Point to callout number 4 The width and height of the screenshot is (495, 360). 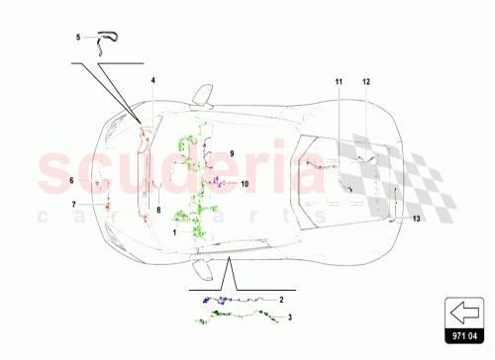tap(153, 79)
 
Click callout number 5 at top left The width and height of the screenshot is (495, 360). tap(79, 38)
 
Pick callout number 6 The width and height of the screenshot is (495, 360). tap(72, 180)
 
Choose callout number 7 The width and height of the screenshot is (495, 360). tap(72, 204)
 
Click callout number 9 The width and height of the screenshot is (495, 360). tap(231, 153)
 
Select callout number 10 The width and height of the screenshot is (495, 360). tap(244, 184)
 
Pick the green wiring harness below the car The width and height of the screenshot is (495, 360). tap(238, 315)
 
